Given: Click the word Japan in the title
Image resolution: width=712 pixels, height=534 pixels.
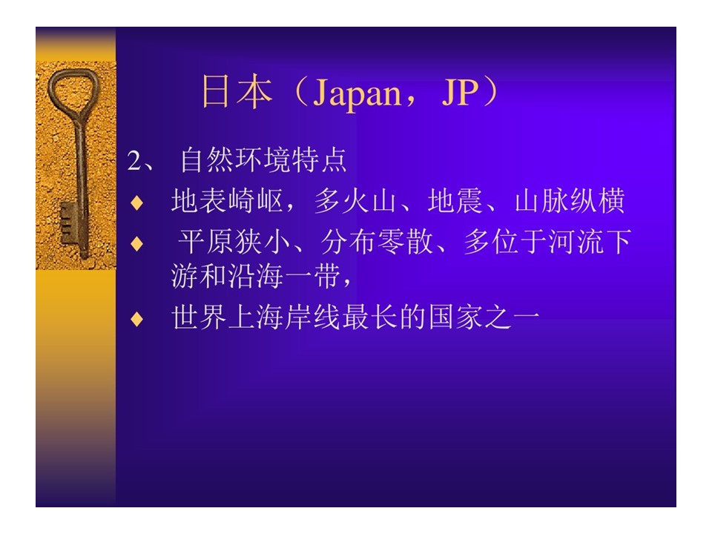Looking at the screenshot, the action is (x=357, y=93).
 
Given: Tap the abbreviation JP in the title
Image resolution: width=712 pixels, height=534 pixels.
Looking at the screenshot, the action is (x=460, y=92).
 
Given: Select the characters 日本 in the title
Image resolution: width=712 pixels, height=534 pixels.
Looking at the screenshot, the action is (x=237, y=92).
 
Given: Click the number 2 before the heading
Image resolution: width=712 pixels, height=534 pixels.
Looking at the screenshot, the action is (x=134, y=161).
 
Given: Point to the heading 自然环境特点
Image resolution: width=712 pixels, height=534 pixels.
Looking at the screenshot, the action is (x=263, y=160).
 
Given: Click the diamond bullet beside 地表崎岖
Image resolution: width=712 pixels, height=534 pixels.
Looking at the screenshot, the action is (x=136, y=202).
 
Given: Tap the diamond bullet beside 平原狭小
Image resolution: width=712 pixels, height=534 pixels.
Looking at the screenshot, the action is (x=136, y=244).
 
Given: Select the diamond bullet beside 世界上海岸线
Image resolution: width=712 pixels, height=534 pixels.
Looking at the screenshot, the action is (x=136, y=319).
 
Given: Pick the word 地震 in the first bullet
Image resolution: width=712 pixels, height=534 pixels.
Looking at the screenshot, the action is (x=455, y=201).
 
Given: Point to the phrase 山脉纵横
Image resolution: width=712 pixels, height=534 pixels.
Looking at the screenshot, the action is (x=570, y=201).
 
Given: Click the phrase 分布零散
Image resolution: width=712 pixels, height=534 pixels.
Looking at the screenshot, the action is (x=377, y=242).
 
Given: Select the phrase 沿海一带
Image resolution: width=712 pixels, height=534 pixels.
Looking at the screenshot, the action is (x=285, y=276).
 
